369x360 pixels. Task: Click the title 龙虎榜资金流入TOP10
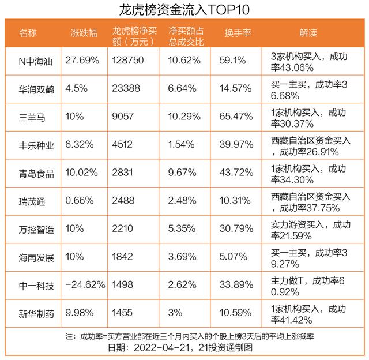(184, 10)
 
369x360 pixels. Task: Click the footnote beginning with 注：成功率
(184, 336)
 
